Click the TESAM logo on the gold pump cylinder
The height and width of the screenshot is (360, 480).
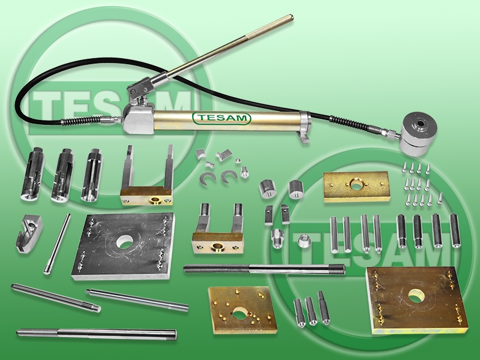221,118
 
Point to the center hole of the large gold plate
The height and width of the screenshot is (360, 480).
416,296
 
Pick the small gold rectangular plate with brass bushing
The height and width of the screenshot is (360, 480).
356,187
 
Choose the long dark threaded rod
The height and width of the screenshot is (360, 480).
265,269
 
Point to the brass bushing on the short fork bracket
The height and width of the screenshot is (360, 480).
218,246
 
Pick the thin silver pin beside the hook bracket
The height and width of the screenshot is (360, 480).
57,244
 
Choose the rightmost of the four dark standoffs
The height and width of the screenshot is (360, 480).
455,230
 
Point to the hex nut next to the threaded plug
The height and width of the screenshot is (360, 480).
304,240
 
